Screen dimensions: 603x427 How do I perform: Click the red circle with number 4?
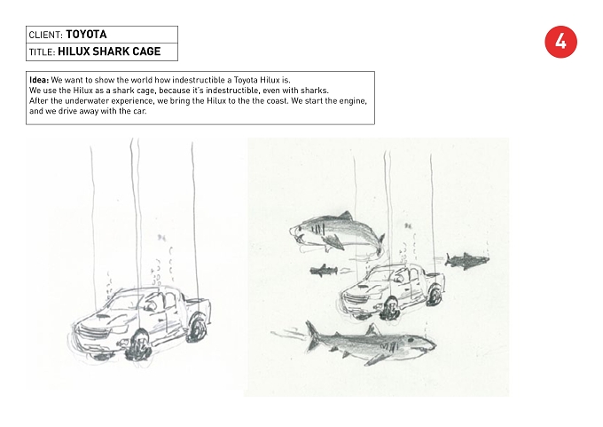point(560,42)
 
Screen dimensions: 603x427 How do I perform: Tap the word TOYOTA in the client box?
point(87,35)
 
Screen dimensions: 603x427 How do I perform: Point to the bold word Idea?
point(39,80)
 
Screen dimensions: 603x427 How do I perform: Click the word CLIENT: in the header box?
point(46,35)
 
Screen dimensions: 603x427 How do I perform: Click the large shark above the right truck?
point(337,233)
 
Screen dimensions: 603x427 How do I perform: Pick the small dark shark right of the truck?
point(466,261)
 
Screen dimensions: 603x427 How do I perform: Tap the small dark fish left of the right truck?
point(324,270)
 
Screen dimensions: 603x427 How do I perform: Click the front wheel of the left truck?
point(137,344)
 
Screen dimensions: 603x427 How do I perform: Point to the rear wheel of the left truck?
point(197,329)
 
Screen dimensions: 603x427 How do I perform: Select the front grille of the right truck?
point(355,298)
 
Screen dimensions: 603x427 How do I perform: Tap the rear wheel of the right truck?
point(434,296)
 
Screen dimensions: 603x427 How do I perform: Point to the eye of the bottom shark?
point(411,340)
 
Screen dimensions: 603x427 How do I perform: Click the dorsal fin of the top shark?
point(346,215)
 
